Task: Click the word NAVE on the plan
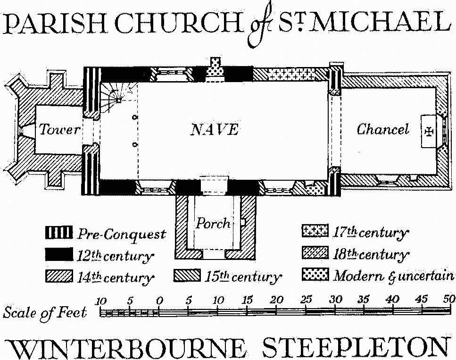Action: tap(214, 129)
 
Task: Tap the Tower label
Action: tap(60, 129)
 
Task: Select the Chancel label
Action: tap(383, 129)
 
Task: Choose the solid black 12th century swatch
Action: tap(59, 254)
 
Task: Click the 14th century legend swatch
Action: tap(59, 276)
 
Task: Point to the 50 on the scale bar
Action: tap(449, 299)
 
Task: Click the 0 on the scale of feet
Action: tap(159, 300)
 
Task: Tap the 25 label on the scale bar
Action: tap(306, 299)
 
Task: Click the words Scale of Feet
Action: tap(45, 312)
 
